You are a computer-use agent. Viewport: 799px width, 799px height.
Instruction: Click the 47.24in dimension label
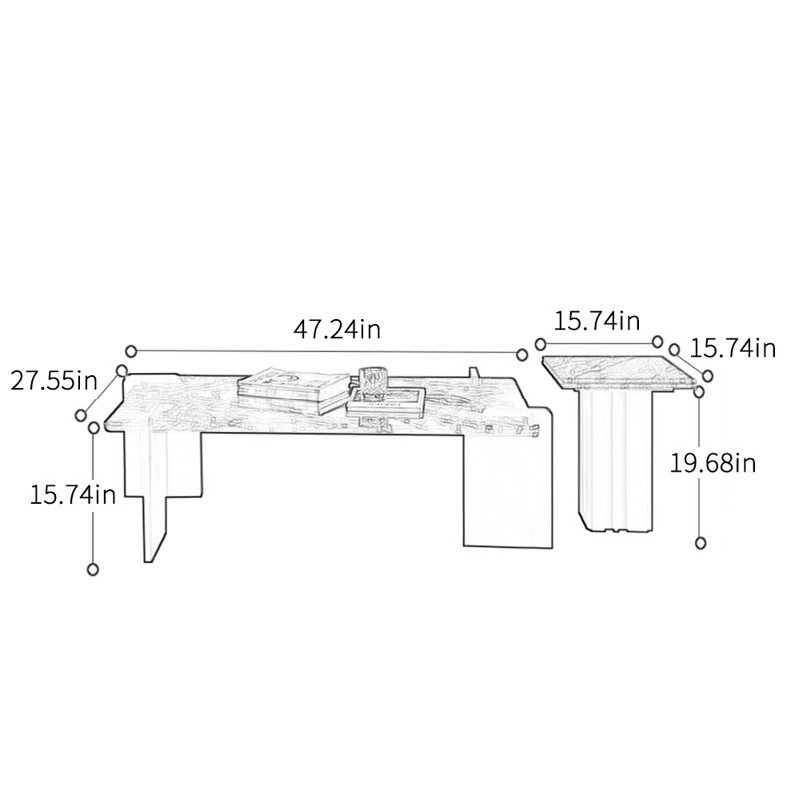coord(337,330)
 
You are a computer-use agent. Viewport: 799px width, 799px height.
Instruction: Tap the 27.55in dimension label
coord(54,380)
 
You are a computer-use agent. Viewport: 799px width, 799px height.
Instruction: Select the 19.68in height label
coord(712,463)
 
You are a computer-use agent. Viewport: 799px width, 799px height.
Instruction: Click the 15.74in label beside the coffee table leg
coord(72,495)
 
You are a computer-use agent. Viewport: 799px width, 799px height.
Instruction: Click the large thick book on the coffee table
coord(294,390)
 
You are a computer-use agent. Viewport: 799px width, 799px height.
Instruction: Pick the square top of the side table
coord(620,371)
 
